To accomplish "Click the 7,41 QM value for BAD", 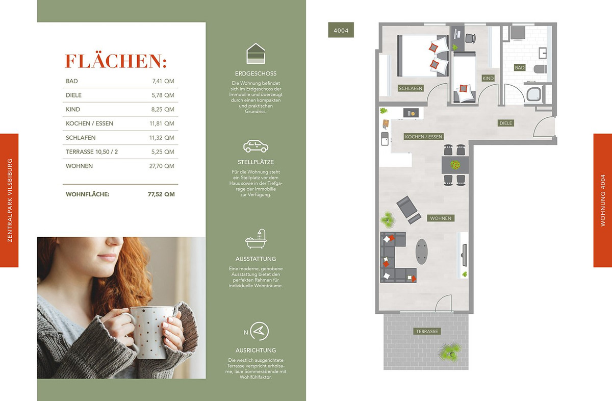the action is [163, 81].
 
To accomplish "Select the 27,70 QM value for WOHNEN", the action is [162, 166].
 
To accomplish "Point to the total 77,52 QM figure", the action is [161, 194].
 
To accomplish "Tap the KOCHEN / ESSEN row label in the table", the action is [89, 123].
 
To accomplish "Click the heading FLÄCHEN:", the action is [116, 61].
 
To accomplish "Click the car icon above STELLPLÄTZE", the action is [256, 146].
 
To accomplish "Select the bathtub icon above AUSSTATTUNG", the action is [256, 239].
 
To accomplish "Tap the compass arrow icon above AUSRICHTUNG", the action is [259, 331].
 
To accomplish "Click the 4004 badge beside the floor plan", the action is [341, 30].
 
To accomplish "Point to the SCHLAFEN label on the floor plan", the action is [411, 88].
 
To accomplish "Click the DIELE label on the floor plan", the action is [506, 123].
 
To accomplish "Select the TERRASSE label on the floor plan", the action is [427, 331].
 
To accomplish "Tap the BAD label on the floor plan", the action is [520, 67].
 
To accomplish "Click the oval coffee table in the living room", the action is [422, 252].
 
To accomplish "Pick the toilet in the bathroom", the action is [541, 69].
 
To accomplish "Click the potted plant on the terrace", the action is [449, 352].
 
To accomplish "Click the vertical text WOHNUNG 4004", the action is [603, 200].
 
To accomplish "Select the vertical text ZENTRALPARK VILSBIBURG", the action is [10, 200].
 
